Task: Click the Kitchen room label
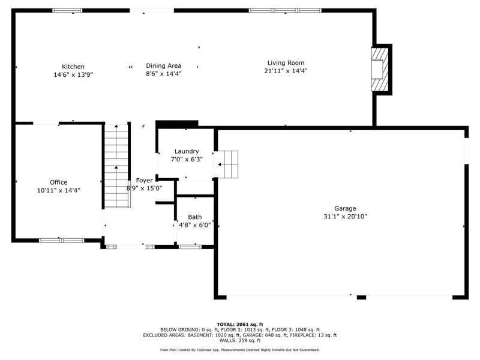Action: coord(73,67)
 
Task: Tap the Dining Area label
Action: coord(163,66)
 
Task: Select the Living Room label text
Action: coord(286,63)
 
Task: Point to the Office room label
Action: coord(58,182)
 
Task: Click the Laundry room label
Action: coord(187,151)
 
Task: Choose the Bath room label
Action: coord(194,217)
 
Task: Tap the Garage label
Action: coord(345,208)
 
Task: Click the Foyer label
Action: coord(144,181)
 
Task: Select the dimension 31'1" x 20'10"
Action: coord(345,217)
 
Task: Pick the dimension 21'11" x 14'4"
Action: coord(286,71)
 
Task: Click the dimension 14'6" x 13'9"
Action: coord(73,74)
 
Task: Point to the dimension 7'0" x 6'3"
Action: coord(187,159)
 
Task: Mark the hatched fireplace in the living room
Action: coord(380,70)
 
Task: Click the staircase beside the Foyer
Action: coord(116,166)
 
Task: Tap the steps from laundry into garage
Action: coord(226,164)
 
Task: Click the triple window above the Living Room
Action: coord(286,10)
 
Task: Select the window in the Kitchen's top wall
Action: coord(67,10)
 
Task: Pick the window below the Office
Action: coord(62,241)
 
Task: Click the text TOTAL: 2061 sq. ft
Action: coord(239,325)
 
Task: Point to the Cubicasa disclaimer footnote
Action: coord(239,350)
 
